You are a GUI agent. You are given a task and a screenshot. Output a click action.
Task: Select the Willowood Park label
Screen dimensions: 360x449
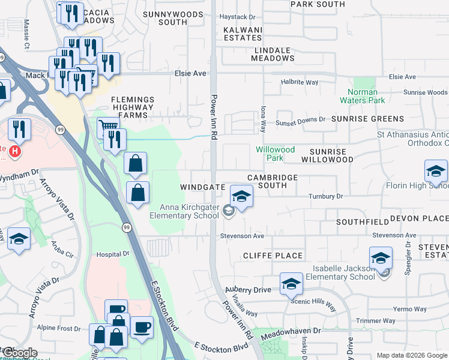(x=275, y=154)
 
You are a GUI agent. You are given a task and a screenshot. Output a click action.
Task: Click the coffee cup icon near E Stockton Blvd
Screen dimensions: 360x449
(x=142, y=328)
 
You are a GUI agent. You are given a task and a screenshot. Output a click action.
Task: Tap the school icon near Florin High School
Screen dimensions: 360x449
(x=436, y=172)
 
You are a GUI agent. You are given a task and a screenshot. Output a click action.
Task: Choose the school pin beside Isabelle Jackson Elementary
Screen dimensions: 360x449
(x=381, y=259)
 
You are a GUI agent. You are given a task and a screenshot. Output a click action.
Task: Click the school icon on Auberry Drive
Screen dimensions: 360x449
(x=291, y=284)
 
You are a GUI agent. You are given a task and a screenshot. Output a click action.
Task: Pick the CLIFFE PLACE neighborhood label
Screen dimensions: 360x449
(x=273, y=256)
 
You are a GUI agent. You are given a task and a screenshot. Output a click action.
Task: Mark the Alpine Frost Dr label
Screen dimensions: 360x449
(x=59, y=328)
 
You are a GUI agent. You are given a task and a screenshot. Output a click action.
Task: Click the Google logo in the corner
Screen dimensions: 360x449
(x=19, y=353)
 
